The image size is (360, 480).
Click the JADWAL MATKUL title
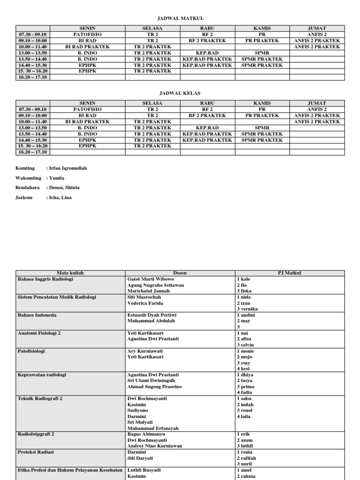180,18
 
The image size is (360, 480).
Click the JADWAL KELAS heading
180,93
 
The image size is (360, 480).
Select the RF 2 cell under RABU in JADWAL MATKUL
207,35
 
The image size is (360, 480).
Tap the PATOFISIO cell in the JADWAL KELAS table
87,109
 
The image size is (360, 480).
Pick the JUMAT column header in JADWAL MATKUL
317,28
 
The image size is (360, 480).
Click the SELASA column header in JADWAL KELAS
152,103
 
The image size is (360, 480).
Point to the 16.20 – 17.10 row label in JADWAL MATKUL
33,77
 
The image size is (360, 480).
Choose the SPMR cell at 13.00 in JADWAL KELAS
262,127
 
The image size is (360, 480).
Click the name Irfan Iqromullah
68,168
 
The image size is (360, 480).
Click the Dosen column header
180,273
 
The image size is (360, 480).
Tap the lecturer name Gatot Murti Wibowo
150,279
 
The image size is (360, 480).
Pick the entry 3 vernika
247,309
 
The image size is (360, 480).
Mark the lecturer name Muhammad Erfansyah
153,428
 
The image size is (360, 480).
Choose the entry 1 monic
246,351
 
